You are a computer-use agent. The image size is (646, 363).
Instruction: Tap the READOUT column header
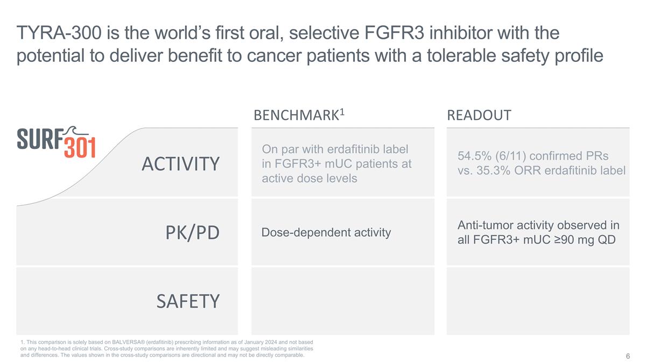click(x=479, y=116)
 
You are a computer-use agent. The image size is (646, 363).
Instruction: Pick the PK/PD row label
click(x=192, y=233)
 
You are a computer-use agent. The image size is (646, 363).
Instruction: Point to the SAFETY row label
click(x=188, y=301)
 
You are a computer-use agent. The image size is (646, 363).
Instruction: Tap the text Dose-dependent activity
click(x=326, y=233)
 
